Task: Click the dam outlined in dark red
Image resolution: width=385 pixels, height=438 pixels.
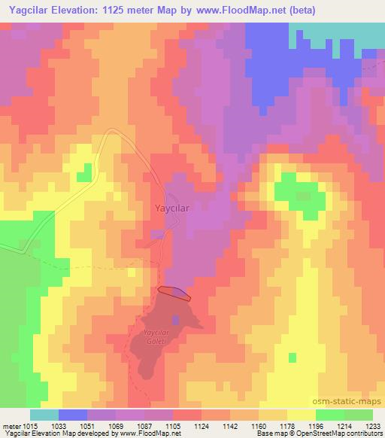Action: [174, 292]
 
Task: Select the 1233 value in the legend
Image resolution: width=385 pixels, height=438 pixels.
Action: [373, 426]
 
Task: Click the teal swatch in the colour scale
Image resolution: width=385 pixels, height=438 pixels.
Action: [44, 415]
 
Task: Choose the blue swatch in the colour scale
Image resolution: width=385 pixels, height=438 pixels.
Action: [73, 415]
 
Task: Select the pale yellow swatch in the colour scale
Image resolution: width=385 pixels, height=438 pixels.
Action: [302, 415]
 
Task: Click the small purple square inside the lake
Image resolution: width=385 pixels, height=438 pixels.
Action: [177, 319]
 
